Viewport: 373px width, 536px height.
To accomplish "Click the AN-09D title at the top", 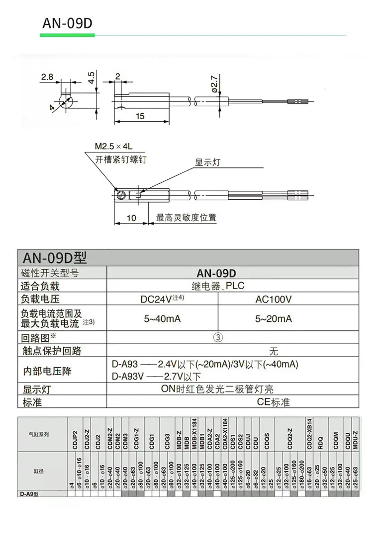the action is click(x=68, y=23).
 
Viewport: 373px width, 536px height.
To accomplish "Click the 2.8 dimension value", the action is click(x=47, y=77).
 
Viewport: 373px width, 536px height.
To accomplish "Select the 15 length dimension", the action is click(x=140, y=116).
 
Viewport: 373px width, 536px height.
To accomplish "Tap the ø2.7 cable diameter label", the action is click(x=214, y=84).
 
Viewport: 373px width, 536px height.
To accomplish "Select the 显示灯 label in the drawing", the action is click(x=206, y=162).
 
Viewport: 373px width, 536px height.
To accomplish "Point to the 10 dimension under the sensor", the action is click(x=131, y=218).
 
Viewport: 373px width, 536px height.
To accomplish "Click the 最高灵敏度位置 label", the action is click(x=186, y=218).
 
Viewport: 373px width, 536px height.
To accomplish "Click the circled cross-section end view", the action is click(x=66, y=102).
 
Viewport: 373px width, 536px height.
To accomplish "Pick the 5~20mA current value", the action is click(x=273, y=318).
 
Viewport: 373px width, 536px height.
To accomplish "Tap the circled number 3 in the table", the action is click(x=217, y=337).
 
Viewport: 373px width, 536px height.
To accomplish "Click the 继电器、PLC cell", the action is click(x=218, y=286).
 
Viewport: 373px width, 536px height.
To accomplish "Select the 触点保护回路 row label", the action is click(x=51, y=351).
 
